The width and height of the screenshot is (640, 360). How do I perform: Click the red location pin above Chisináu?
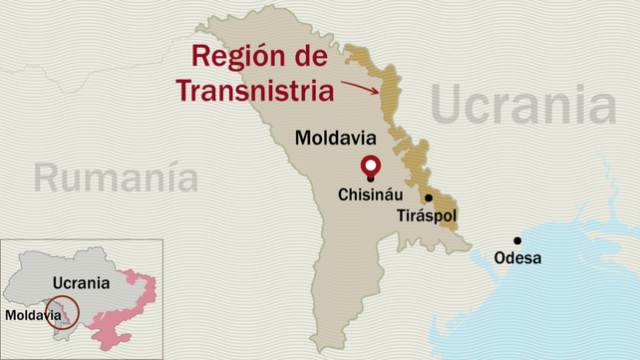coord(371,166)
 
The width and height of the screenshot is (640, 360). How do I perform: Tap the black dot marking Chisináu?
coord(371,179)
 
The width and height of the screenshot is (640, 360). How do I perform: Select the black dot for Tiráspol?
coord(428,197)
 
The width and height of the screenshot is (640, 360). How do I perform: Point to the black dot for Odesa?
coord(516,239)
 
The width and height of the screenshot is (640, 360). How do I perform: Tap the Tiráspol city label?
coord(430,215)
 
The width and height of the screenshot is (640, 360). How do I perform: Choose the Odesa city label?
coord(517,258)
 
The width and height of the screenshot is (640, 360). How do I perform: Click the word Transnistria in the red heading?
coord(254,91)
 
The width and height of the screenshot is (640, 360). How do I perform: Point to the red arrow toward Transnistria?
coord(360,85)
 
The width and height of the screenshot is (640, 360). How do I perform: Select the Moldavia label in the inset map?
coord(31,314)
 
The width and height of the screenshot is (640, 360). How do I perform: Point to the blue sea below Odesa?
coord(558,299)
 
